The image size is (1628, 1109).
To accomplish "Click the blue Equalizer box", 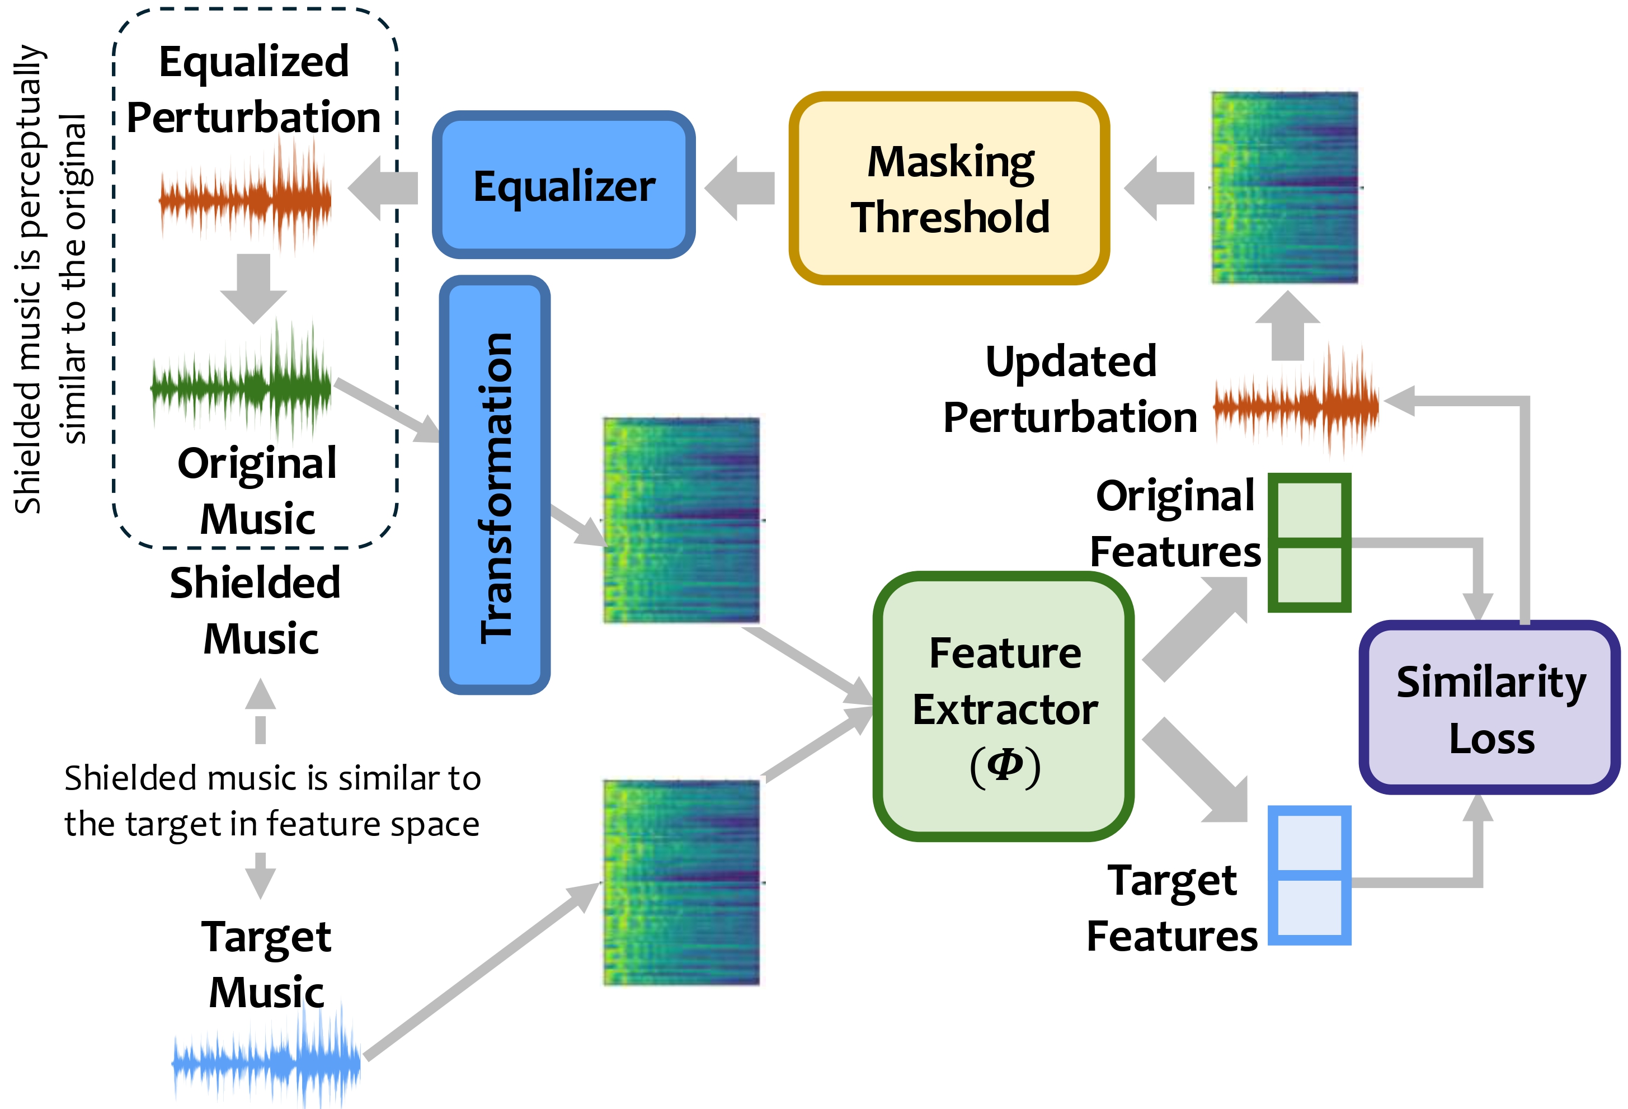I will [x=564, y=185].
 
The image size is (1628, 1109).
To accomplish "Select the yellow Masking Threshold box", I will [x=949, y=189].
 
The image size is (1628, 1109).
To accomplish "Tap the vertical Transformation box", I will [x=495, y=485].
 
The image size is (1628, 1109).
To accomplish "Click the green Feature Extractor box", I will [x=1003, y=706].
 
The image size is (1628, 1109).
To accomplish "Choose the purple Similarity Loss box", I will [x=1490, y=708].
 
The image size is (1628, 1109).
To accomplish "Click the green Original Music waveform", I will [x=242, y=386].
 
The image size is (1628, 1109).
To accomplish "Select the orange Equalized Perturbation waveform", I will [x=245, y=200].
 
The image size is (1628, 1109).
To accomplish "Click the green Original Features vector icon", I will [x=1309, y=542].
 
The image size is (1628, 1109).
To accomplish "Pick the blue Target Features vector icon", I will [x=1309, y=875].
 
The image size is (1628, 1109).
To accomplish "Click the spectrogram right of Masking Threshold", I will [x=1284, y=188].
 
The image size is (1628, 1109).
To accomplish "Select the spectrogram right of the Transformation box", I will [x=681, y=520].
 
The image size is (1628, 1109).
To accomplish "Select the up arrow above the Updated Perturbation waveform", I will [x=1287, y=326].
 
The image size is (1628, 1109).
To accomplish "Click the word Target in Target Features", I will [x=1171, y=881].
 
